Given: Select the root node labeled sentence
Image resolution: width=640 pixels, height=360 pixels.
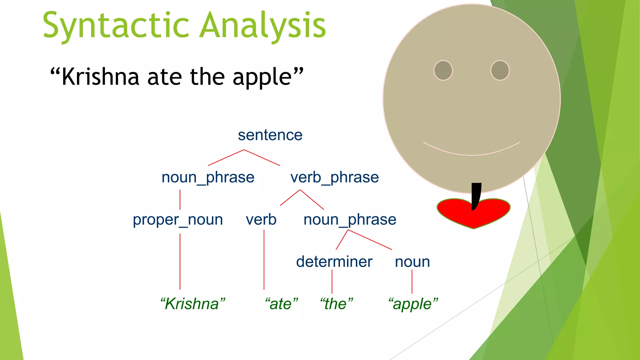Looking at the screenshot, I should (270, 135).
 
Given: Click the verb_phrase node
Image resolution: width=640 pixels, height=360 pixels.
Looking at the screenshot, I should (334, 177).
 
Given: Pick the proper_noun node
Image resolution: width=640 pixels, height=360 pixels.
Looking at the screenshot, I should (178, 220).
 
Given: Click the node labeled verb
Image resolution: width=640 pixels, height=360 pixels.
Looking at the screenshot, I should (261, 220).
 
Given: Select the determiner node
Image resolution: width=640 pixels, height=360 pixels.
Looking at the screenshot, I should (334, 262).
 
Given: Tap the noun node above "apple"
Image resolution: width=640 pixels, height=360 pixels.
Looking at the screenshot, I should (412, 262).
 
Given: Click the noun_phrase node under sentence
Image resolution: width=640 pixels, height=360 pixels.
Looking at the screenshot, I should (208, 177).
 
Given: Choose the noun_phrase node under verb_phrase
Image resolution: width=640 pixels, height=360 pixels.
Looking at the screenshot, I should (350, 220).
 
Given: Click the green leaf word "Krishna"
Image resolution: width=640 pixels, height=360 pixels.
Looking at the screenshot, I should (192, 304).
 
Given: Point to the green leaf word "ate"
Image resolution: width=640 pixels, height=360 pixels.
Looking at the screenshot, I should (281, 304).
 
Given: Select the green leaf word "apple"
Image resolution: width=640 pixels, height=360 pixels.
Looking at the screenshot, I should (412, 304).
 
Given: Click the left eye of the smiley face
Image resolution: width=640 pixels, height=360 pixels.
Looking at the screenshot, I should (443, 70).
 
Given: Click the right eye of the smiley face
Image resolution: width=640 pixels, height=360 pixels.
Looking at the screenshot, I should (500, 70).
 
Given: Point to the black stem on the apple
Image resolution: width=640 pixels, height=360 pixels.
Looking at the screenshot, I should (476, 194).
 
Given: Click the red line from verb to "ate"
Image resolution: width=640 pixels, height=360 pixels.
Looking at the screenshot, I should (264, 259).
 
